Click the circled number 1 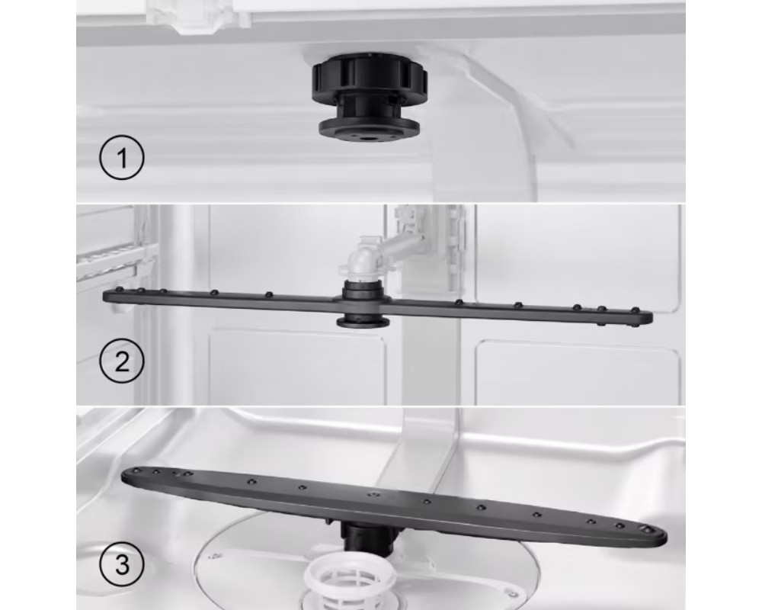pyautogui.click(x=122, y=158)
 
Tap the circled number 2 pyautogui.click(x=122, y=361)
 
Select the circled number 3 pyautogui.click(x=122, y=565)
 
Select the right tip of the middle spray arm pyautogui.click(x=650, y=319)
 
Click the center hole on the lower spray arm pyautogui.click(x=373, y=495)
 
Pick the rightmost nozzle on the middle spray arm pyautogui.click(x=634, y=310)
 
